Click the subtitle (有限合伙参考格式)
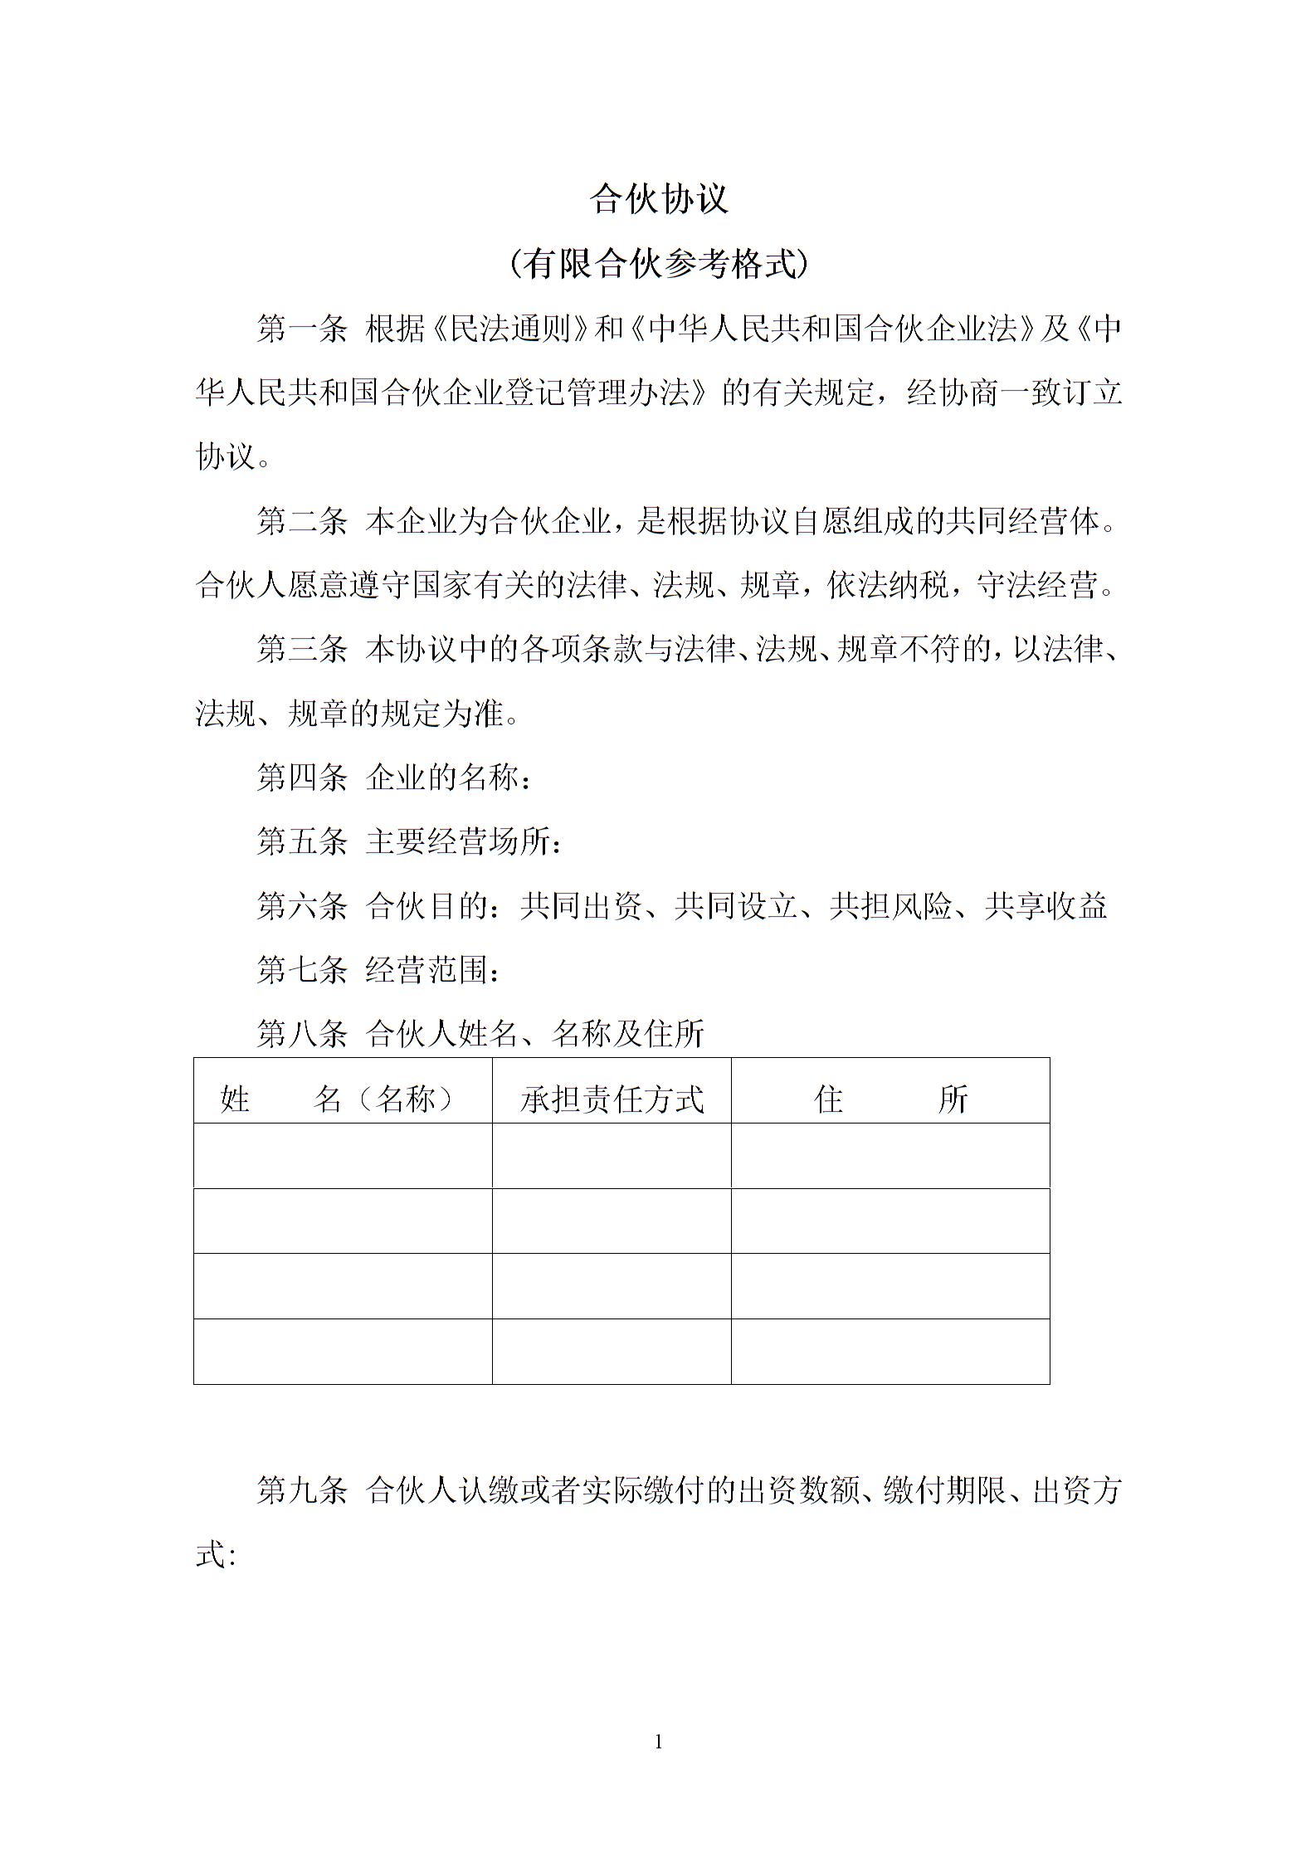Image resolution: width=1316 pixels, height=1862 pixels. click(x=659, y=265)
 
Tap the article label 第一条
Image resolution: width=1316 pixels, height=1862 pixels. click(x=301, y=329)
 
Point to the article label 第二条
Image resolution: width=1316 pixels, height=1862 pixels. click(x=301, y=522)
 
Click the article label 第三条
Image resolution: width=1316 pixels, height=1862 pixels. click(x=301, y=650)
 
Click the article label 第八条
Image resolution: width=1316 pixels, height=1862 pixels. click(x=301, y=1034)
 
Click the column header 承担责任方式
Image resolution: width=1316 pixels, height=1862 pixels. click(x=612, y=1099)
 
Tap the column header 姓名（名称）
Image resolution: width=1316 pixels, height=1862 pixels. click(x=339, y=1099)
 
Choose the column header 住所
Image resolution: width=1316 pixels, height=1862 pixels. click(x=890, y=1099)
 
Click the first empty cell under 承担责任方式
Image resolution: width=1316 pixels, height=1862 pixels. click(x=612, y=1155)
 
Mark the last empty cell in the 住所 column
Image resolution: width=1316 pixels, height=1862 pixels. click(x=890, y=1351)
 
